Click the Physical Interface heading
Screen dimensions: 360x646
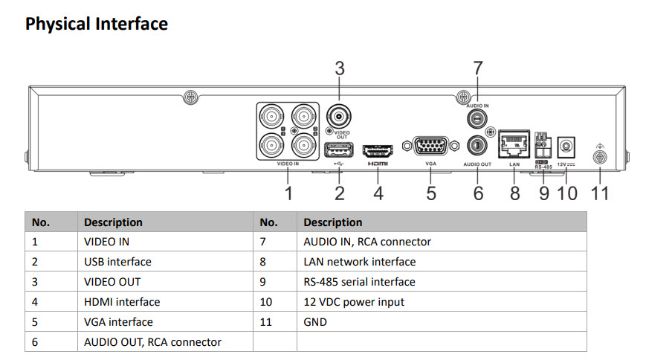tap(97, 24)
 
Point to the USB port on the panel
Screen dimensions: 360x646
tap(339, 149)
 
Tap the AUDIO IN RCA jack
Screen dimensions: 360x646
tap(477, 118)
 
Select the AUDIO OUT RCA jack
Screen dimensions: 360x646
tap(477, 144)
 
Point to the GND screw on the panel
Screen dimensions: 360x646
tap(600, 157)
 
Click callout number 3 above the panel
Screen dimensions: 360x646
tap(339, 68)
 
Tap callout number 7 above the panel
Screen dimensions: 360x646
tap(478, 68)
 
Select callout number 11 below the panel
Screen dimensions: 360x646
tap(600, 193)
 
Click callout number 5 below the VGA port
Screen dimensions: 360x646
tap(431, 193)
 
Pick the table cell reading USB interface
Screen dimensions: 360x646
tap(117, 262)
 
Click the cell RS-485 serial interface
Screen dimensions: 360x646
tap(359, 282)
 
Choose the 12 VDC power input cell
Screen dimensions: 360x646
tap(354, 302)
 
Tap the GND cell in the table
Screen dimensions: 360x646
tap(315, 322)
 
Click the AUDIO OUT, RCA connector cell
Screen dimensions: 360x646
tap(152, 342)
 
